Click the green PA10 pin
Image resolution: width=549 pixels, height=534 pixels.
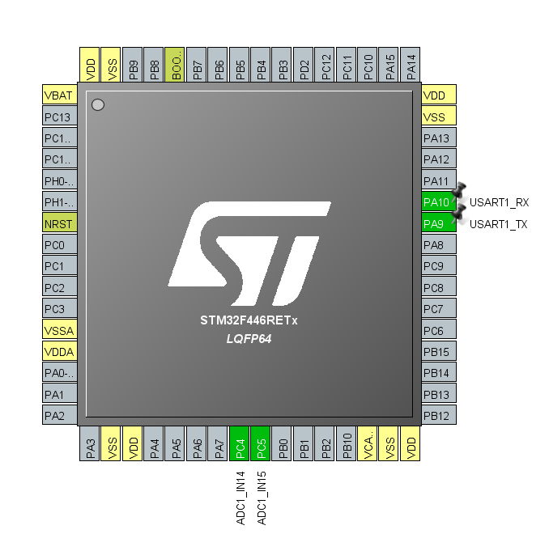[x=438, y=201]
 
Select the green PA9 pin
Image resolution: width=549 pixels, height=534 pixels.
[x=438, y=222]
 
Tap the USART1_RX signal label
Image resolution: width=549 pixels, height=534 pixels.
[x=499, y=202]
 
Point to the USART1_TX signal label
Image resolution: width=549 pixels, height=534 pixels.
[x=498, y=223]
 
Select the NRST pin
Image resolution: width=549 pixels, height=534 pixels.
[x=60, y=222]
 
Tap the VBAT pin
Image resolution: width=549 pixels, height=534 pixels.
[x=60, y=95]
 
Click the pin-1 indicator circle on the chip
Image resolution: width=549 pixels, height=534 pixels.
[x=98, y=104]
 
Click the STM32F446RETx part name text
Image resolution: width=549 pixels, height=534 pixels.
[x=249, y=320]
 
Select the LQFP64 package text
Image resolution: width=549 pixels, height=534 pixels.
[x=249, y=339]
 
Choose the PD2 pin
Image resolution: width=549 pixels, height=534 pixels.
[x=304, y=64]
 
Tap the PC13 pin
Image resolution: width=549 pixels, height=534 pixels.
[x=60, y=117]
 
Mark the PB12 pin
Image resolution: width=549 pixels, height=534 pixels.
[x=438, y=415]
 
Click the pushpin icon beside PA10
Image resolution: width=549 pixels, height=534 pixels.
[x=458, y=191]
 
